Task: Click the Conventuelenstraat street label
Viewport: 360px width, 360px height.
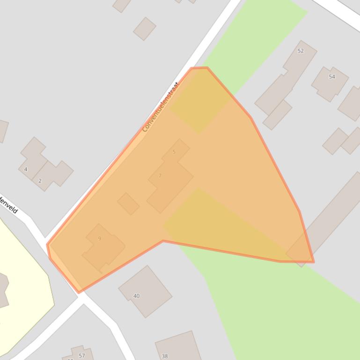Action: click(x=161, y=107)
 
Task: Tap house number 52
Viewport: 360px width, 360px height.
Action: click(x=301, y=50)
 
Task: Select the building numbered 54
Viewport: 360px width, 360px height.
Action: click(x=332, y=77)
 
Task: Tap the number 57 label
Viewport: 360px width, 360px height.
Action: click(x=82, y=356)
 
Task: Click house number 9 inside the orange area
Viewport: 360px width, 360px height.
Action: click(x=100, y=238)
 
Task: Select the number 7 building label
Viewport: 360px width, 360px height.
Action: click(x=160, y=176)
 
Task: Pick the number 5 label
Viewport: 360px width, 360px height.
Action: click(x=174, y=152)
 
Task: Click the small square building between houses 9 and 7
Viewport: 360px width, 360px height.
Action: click(x=128, y=203)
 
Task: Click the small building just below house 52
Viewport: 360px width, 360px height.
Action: click(x=277, y=115)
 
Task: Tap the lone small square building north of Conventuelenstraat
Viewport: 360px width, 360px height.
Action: click(x=145, y=29)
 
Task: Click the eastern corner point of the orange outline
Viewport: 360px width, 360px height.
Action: click(x=313, y=261)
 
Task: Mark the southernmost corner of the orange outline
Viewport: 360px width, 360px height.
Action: click(x=79, y=292)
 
